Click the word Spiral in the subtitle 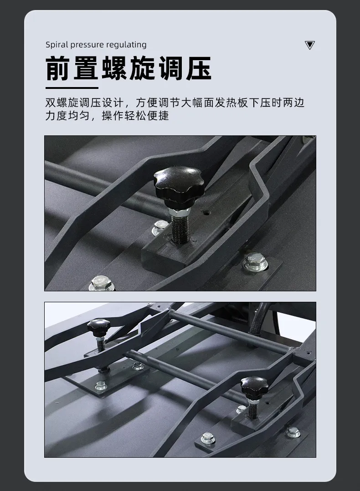57,45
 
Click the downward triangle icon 309,45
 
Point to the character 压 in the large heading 199,68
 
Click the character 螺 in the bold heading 114,68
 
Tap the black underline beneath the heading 72,88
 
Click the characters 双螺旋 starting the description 62,103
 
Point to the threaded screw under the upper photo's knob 180,228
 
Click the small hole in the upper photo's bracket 206,212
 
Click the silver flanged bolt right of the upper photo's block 254,262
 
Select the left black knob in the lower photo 99,327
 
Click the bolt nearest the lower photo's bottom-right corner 293,433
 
